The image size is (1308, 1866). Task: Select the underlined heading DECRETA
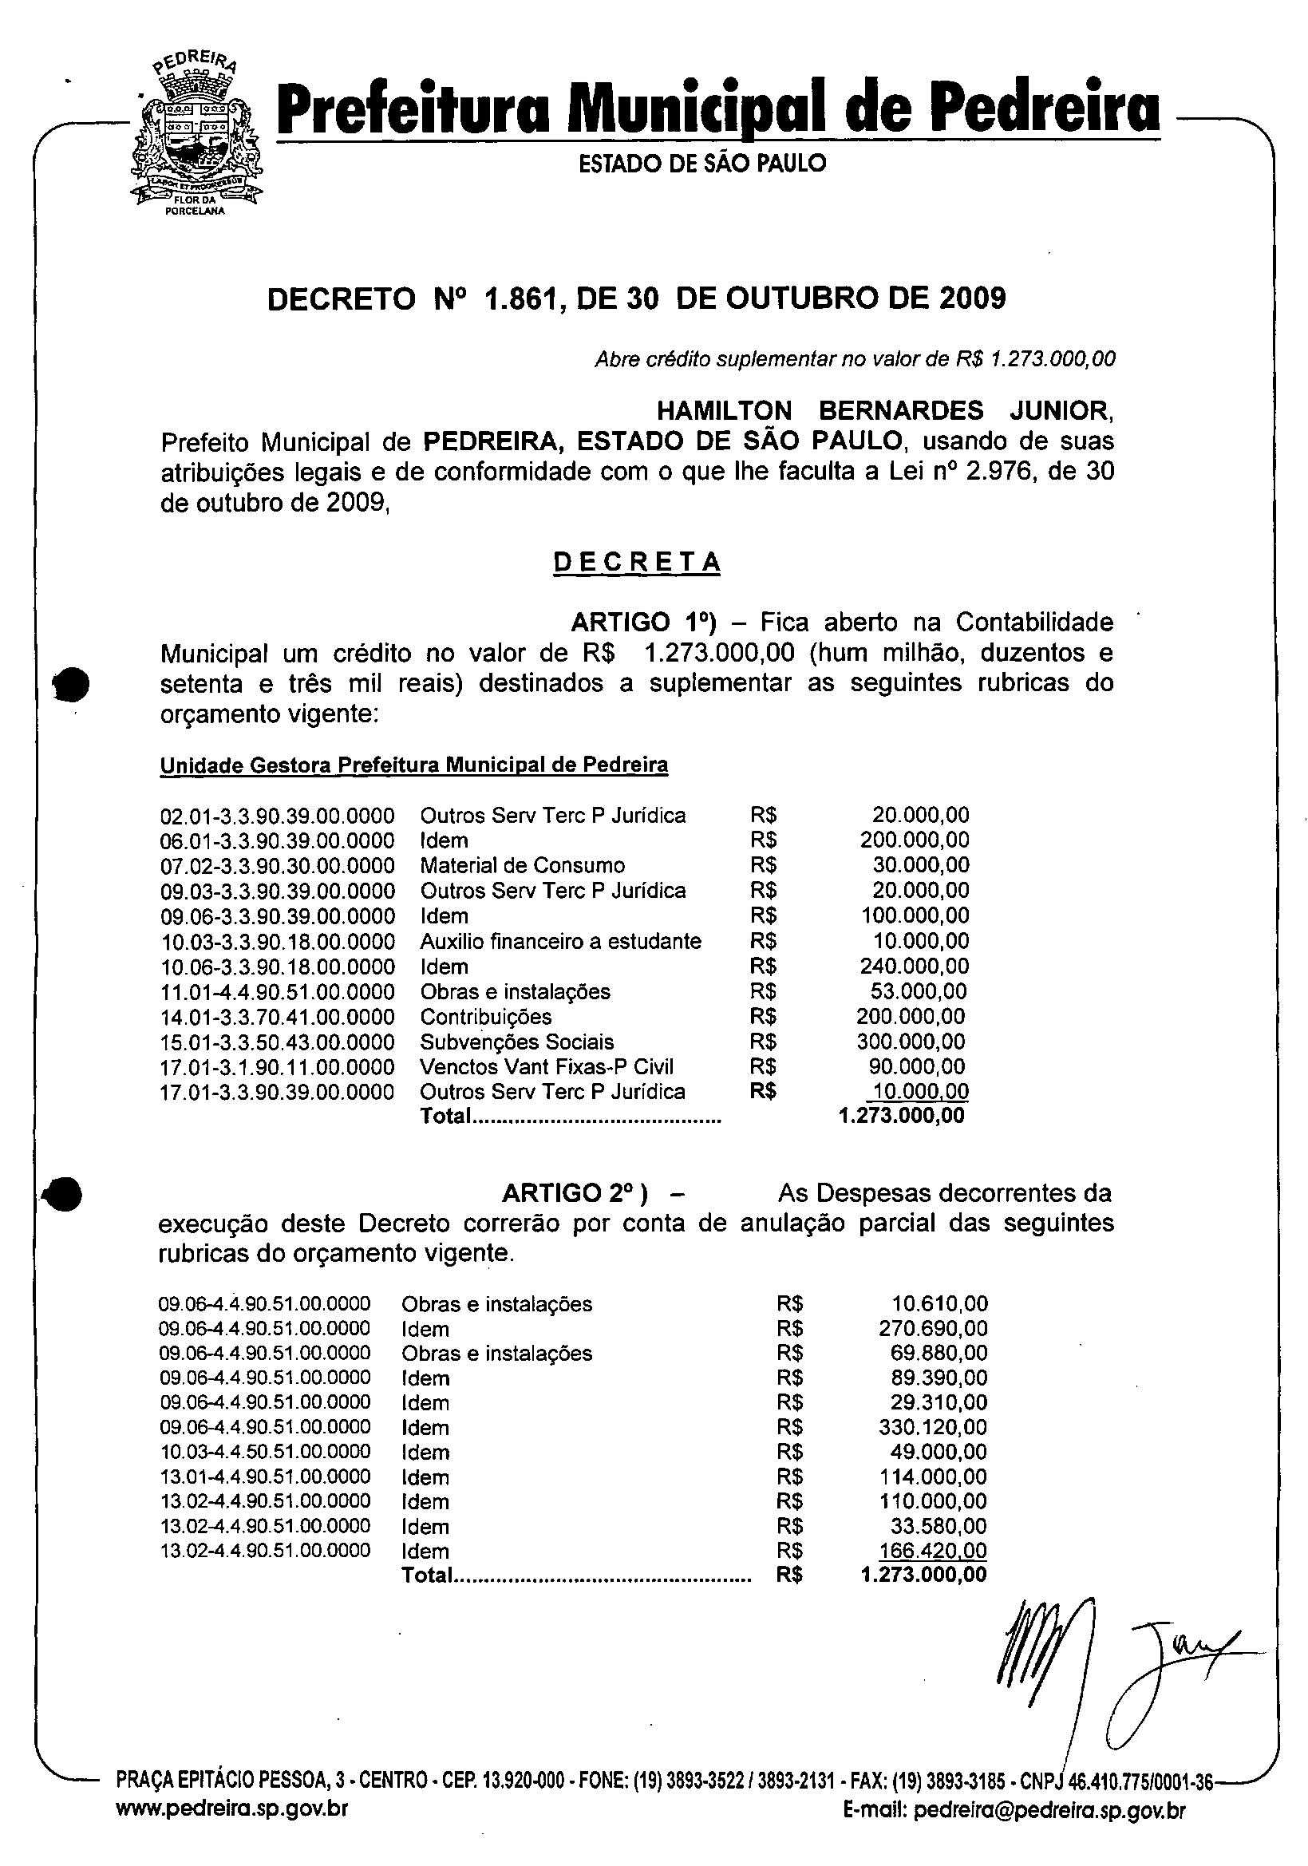point(637,563)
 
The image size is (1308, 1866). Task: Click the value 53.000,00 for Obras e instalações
point(918,991)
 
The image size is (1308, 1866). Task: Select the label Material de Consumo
point(523,865)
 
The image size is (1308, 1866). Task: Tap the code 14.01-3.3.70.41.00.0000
point(277,1018)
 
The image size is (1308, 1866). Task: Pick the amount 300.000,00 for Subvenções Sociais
point(911,1042)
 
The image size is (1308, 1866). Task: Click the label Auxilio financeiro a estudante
point(560,941)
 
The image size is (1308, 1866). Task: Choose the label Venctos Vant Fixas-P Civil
point(547,1067)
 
